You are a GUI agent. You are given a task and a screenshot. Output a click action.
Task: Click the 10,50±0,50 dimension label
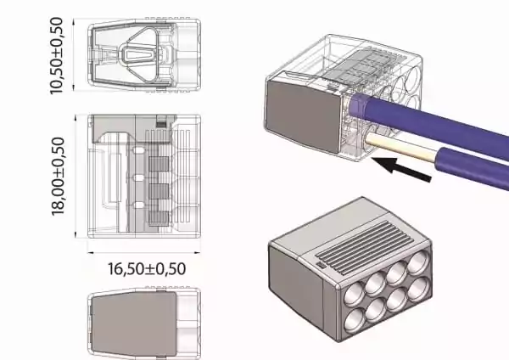click(56, 56)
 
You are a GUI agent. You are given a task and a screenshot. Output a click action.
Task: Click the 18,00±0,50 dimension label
click(58, 176)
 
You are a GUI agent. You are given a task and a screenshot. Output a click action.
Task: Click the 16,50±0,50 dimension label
click(147, 269)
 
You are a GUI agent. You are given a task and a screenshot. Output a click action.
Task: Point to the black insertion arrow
click(401, 169)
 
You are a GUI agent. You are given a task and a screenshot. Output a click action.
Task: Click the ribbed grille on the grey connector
click(364, 247)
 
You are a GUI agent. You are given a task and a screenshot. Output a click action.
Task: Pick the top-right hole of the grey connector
click(417, 262)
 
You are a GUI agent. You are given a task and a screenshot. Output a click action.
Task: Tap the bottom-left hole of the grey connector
click(355, 320)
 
